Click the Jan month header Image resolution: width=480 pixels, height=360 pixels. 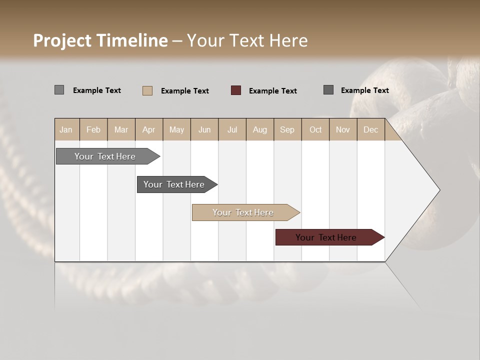coord(66,129)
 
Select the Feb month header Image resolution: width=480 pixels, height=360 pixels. coord(93,129)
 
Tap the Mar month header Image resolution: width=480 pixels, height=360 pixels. coord(121,129)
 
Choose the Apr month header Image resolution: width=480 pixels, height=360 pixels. coord(149,129)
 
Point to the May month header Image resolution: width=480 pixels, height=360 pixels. coord(176,129)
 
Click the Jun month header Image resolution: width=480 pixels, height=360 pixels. coord(204,129)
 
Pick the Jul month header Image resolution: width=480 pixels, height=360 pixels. coord(232,129)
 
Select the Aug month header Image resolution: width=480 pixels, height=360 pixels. coord(260,129)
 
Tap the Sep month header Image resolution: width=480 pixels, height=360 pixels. coord(287,129)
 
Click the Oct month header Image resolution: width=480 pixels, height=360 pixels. coord(315,129)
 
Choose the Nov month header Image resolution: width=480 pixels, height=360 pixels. coord(343,129)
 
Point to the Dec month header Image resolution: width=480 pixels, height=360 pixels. coord(371,129)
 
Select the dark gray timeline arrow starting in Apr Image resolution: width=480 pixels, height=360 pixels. coord(175,184)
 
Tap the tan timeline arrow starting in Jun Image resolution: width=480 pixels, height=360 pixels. coord(244,212)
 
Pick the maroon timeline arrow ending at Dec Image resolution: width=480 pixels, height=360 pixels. coord(327,237)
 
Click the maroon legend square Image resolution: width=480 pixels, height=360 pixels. coord(236,90)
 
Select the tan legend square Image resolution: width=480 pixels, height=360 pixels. coord(147,90)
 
